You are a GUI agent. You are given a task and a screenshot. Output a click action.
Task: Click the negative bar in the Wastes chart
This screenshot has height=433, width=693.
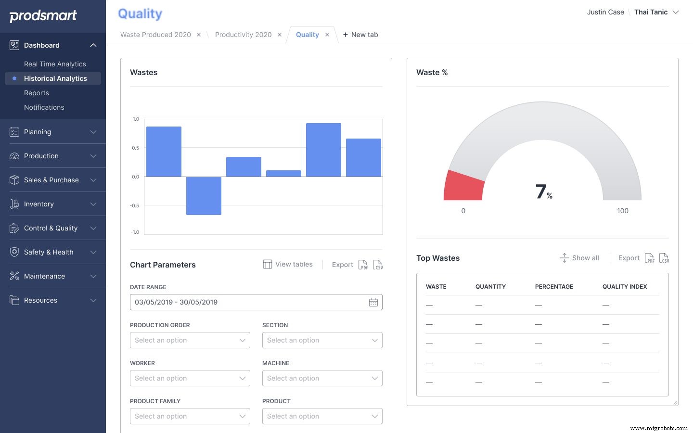204,195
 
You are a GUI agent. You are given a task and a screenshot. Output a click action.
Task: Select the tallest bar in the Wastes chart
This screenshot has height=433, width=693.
323,150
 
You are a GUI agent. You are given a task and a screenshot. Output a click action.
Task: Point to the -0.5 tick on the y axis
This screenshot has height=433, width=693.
134,205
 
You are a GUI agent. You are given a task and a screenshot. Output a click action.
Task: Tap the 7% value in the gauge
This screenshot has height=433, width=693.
543,191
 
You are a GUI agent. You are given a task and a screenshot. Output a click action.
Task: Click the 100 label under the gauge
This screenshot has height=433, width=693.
622,211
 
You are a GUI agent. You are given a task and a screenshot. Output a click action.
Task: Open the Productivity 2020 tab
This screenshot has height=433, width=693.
243,35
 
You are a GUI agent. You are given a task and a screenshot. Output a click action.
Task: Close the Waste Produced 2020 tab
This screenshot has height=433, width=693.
199,35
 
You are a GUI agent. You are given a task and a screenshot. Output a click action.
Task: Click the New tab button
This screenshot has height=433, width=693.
360,35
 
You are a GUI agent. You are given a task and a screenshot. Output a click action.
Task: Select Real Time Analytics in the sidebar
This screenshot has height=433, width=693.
55,64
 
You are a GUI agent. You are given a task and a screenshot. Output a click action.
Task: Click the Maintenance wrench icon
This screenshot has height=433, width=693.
14,276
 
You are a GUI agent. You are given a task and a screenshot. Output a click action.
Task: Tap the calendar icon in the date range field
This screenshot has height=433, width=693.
373,302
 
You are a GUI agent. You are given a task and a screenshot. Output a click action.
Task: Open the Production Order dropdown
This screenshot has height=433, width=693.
190,340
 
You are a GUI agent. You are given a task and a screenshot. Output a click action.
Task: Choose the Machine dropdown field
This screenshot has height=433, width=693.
322,378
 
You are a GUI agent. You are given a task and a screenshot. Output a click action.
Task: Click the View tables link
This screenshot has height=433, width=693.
288,264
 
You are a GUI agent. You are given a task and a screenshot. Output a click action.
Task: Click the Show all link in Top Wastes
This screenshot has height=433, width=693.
579,258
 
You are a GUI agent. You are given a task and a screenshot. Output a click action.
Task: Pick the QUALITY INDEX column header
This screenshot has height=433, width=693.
624,287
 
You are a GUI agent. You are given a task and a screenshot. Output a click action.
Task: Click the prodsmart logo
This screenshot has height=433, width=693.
43,16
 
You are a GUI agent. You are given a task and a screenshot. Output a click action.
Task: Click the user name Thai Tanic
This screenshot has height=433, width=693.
651,12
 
